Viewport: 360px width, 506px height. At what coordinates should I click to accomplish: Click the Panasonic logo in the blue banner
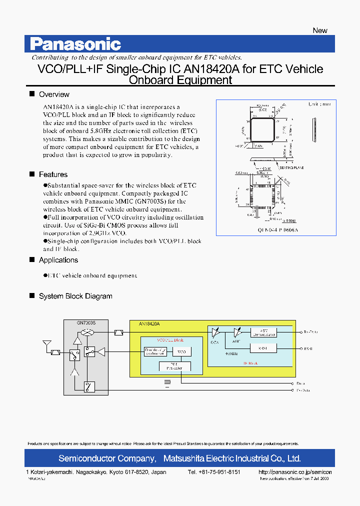click(75, 44)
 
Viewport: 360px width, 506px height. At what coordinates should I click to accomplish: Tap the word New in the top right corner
click(319, 30)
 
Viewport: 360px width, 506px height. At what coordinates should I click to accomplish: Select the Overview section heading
click(54, 94)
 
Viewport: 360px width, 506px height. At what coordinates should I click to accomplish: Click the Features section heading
click(53, 174)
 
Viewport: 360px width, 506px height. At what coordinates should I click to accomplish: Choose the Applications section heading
click(58, 260)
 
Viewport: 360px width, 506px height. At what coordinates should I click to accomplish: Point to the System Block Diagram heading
click(75, 296)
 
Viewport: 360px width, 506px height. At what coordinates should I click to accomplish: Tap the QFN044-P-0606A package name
click(276, 229)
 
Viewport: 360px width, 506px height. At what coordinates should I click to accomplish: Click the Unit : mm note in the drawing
click(319, 104)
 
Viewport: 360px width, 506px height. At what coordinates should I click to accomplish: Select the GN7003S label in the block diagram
click(86, 323)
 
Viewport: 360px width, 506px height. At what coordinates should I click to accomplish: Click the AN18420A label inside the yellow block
click(149, 324)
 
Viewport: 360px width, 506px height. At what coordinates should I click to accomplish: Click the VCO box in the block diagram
click(181, 352)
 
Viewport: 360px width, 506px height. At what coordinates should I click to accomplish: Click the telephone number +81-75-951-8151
click(214, 472)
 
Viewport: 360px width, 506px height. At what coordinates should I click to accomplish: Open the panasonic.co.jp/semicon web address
click(295, 472)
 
